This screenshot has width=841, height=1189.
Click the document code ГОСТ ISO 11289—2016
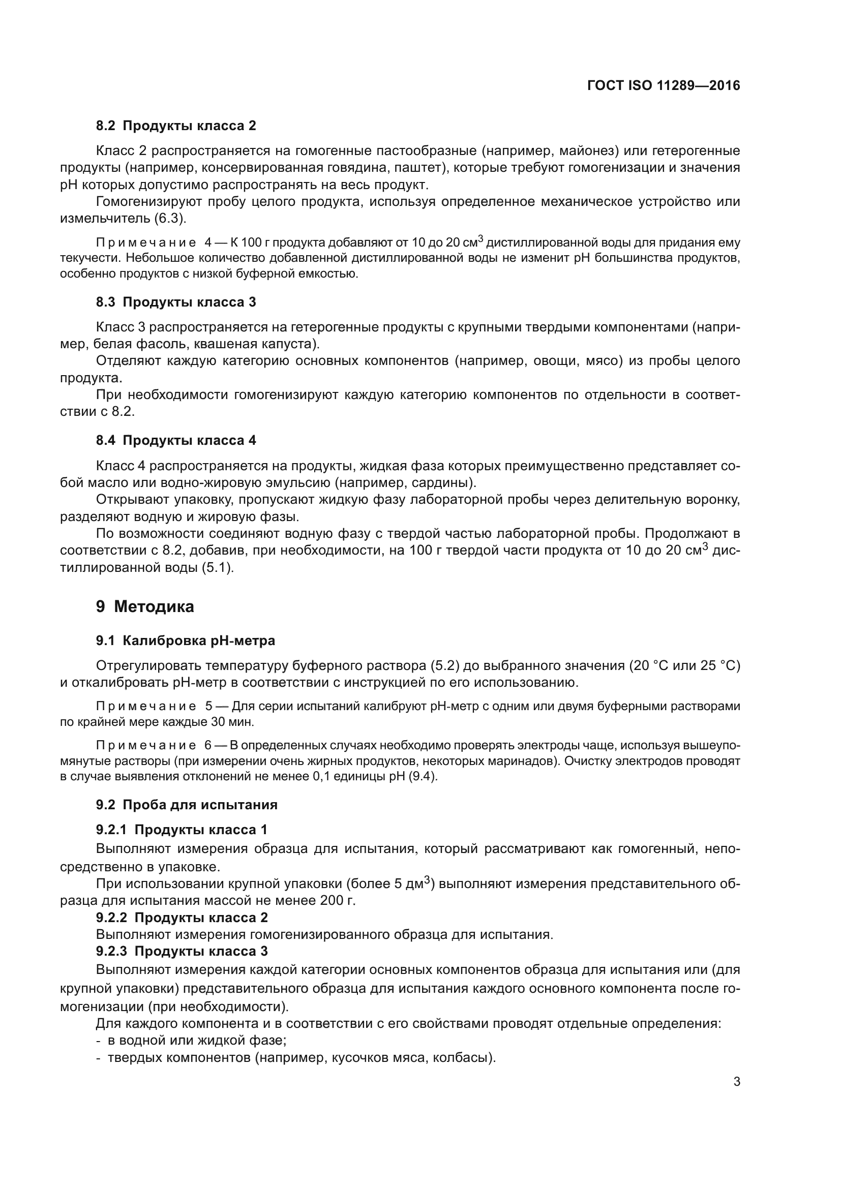point(664,85)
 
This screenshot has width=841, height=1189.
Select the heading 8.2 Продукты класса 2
point(175,126)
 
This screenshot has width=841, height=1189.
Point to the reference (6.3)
point(170,219)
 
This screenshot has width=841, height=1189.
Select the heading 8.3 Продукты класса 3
point(175,302)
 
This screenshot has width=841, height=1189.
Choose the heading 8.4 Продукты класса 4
point(175,440)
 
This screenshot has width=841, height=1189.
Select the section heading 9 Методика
point(144,606)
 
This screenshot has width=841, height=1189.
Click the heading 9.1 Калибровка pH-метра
point(186,641)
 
